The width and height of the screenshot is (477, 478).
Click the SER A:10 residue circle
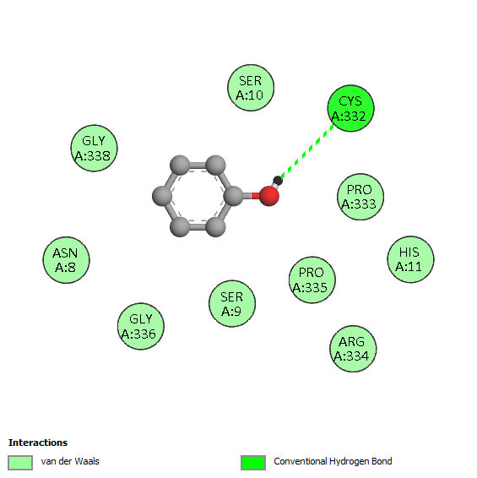251,88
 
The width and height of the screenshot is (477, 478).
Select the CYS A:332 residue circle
350,108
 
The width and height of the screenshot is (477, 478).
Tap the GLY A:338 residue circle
94,148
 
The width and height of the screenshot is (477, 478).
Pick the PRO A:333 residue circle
360,197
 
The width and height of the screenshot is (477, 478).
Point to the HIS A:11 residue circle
410,259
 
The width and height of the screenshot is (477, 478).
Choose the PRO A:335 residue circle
312,280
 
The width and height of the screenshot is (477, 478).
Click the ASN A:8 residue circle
66,260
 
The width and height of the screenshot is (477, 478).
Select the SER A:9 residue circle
232,304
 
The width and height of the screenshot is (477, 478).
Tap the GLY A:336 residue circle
140,327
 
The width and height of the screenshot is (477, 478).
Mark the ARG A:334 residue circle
353,349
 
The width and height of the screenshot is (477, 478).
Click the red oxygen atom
269,196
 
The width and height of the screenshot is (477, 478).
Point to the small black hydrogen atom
278,181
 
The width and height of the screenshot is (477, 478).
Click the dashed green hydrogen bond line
307,150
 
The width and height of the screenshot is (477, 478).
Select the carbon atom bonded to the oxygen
234,196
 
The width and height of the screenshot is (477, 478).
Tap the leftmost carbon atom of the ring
162,196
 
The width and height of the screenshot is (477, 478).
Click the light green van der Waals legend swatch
20,463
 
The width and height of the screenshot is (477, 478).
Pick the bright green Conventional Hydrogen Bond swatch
253,463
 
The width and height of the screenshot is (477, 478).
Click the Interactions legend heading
38,443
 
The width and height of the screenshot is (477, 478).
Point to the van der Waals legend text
70,461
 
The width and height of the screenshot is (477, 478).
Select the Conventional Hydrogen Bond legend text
333,462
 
